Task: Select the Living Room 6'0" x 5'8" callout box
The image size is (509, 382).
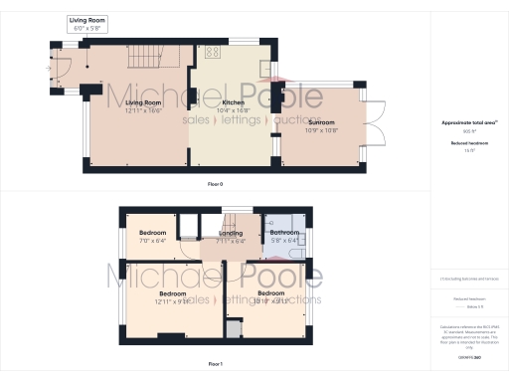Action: click(87, 23)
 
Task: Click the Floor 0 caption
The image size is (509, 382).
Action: click(215, 185)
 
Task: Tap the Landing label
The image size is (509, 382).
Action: click(231, 233)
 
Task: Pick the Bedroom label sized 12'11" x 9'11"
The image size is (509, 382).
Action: click(173, 294)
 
